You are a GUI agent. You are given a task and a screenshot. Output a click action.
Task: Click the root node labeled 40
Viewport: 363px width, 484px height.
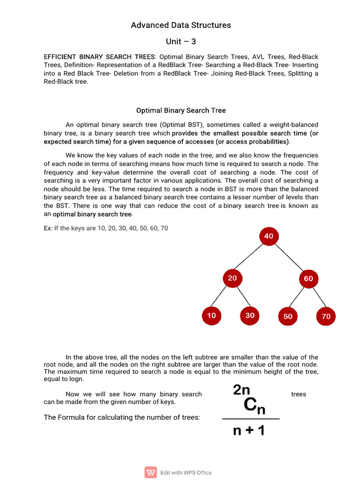click(x=268, y=236)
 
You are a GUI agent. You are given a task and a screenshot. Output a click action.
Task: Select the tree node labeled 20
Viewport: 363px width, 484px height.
click(x=232, y=278)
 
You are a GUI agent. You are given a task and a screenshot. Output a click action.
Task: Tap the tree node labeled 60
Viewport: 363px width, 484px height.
click(x=308, y=279)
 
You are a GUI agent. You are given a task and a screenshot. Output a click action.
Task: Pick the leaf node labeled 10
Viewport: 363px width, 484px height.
click(x=211, y=316)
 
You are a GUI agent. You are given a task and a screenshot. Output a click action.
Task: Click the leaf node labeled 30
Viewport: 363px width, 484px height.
click(x=250, y=316)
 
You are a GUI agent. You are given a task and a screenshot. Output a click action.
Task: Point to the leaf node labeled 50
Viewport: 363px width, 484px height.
click(x=288, y=316)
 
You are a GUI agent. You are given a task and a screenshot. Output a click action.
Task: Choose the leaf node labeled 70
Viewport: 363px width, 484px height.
click(x=326, y=316)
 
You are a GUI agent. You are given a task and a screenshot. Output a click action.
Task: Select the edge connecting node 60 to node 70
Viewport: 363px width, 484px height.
click(x=318, y=298)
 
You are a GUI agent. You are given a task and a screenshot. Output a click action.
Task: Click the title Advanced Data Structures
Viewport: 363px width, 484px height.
click(x=181, y=25)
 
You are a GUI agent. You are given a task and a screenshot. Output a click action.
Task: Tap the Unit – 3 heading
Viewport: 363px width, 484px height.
click(x=181, y=42)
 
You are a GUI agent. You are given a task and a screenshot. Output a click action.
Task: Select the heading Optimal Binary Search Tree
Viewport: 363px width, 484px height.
click(x=181, y=111)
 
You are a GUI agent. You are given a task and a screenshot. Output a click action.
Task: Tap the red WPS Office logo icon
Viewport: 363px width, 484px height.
click(x=150, y=472)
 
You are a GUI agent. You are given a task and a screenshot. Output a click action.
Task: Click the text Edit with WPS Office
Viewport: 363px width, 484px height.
click(x=186, y=473)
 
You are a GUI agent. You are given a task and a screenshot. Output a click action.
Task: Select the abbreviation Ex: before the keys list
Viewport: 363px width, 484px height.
click(x=48, y=228)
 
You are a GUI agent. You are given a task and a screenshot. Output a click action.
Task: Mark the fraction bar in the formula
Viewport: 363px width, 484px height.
click(x=251, y=419)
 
